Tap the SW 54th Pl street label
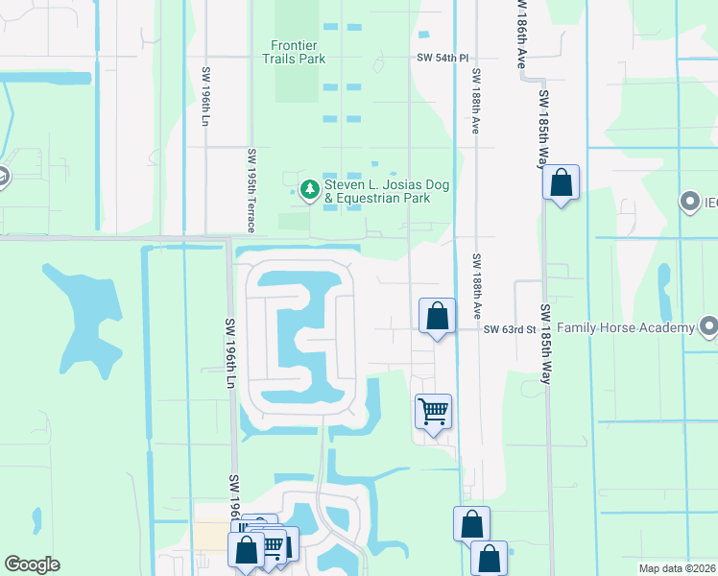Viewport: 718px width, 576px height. tap(443, 58)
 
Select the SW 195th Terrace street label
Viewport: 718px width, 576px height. tap(251, 191)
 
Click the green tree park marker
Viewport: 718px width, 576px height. tap(309, 190)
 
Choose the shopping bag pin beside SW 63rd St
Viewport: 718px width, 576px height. tap(438, 316)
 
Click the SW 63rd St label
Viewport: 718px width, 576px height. tap(509, 329)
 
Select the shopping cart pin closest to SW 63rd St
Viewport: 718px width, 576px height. tap(433, 412)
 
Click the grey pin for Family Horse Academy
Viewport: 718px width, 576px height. tap(708, 327)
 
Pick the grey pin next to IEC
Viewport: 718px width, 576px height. tap(689, 203)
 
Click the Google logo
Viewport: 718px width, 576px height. tap(32, 564)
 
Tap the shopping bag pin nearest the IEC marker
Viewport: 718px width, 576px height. tap(561, 181)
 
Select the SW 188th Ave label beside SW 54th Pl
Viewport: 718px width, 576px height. tap(474, 101)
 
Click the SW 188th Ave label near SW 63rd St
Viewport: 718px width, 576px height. tap(475, 286)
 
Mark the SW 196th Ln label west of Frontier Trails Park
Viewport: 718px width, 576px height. tap(205, 96)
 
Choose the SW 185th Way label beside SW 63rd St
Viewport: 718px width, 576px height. tap(544, 344)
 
